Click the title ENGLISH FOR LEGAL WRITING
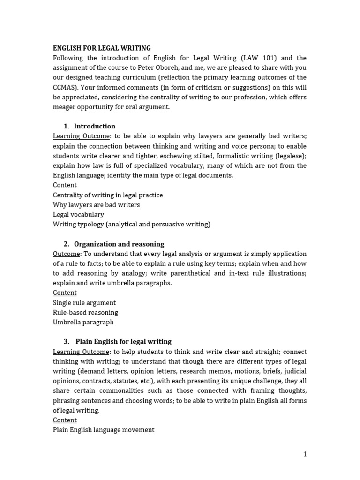102,48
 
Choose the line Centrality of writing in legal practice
108,195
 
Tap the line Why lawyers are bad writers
96,205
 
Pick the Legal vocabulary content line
78,215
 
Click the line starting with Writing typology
131,224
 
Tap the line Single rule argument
84,303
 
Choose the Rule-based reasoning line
85,312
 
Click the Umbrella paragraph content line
83,322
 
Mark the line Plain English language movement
104,429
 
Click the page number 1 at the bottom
305,454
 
